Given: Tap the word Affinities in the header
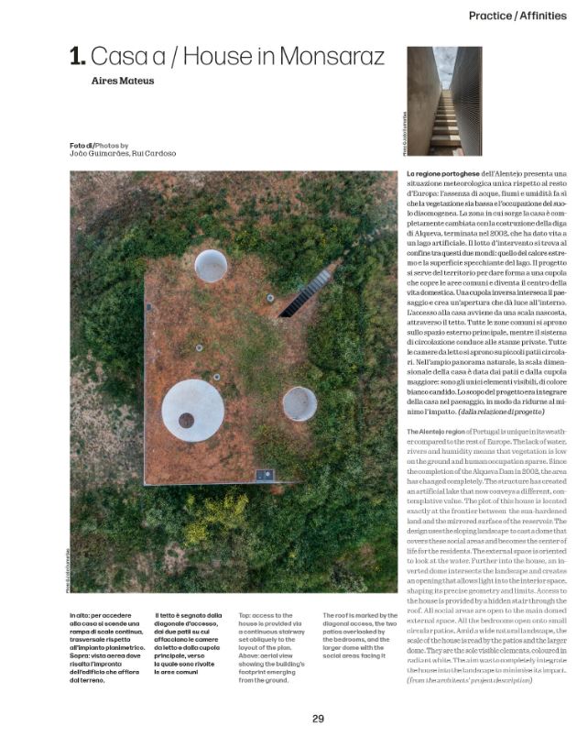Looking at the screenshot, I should (547, 16).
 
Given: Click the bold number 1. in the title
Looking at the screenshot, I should (78, 57).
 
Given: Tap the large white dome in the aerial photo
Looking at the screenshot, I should (192, 410).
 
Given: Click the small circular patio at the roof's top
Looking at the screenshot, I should (211, 265).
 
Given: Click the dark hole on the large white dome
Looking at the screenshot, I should (187, 420).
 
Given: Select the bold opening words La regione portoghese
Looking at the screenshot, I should (443, 173).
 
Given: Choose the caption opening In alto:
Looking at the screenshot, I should (82, 616).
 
